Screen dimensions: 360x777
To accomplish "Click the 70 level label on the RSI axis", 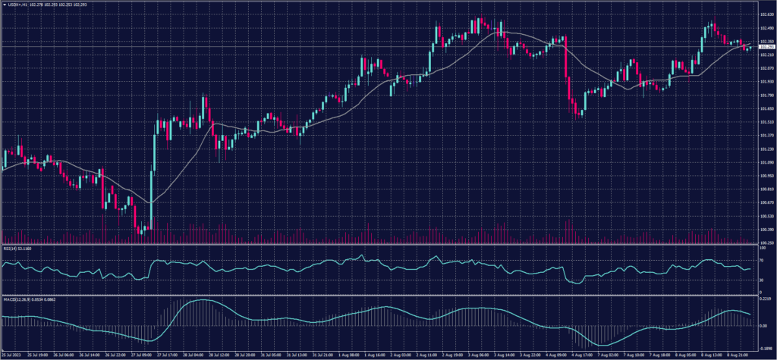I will (x=760, y=258).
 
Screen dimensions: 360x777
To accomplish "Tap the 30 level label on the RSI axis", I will (x=760, y=280).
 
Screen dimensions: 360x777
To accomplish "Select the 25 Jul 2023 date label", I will (x=11, y=354).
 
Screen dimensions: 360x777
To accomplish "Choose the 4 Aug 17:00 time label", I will (x=582, y=354).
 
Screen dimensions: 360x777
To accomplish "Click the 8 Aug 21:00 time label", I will (x=741, y=354).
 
